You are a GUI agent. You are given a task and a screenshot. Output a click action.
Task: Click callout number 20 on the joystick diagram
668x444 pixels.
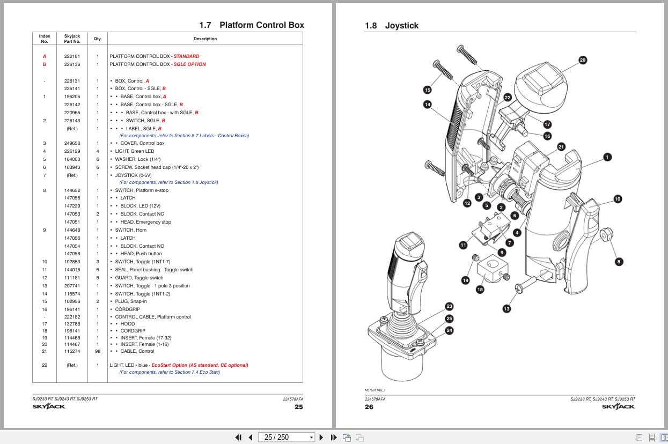point(582,60)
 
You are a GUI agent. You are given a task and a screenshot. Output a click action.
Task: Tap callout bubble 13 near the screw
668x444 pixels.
point(506,309)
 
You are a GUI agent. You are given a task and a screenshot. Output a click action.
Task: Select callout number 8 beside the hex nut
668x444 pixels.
point(619,262)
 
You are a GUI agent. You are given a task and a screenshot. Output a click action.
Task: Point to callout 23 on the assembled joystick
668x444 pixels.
point(449,306)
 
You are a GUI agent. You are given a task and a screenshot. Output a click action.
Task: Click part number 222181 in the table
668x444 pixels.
point(72,56)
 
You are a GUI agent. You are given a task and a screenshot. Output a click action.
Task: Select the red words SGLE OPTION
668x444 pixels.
point(189,64)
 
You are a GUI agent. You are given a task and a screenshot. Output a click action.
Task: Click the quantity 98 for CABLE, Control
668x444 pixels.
point(98,351)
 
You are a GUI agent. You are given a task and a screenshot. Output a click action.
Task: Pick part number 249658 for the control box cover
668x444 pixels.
point(72,143)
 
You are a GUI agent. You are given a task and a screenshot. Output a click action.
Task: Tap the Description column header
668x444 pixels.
point(205,39)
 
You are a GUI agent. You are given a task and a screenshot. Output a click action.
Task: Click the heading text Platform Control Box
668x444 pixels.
point(262,25)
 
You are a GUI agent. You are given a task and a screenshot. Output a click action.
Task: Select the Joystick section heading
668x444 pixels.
point(392,26)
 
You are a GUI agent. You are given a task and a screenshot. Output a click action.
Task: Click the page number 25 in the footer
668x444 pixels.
point(298,407)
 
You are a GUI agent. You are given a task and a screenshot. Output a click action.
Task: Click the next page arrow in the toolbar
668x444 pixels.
point(321,437)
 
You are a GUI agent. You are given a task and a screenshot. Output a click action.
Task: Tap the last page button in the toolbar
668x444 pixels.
point(334,437)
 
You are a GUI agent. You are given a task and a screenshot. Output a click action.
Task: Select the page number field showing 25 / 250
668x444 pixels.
point(287,437)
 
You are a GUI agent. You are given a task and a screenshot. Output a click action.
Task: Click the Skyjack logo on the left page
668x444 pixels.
point(49,406)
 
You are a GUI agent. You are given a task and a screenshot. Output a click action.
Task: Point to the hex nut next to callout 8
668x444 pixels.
point(606,234)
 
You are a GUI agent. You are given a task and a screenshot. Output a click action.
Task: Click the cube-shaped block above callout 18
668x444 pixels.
point(493,269)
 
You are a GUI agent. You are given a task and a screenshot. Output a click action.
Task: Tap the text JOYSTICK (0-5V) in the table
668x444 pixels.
point(133,175)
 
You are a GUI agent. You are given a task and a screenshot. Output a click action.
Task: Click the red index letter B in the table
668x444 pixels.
point(45,64)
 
